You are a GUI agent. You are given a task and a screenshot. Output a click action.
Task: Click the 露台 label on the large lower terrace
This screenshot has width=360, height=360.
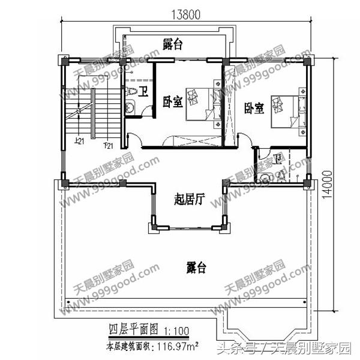(195, 267)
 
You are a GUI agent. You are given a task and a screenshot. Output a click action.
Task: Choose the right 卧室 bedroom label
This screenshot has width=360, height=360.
(254, 109)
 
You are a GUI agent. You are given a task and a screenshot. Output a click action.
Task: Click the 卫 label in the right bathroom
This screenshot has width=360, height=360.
(277, 159)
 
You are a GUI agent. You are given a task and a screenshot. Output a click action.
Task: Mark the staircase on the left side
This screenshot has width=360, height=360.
(80, 117)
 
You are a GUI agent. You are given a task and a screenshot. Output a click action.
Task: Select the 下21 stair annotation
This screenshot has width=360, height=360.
(108, 146)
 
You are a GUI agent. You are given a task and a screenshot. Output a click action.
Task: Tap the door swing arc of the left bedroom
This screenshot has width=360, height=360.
(134, 139)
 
